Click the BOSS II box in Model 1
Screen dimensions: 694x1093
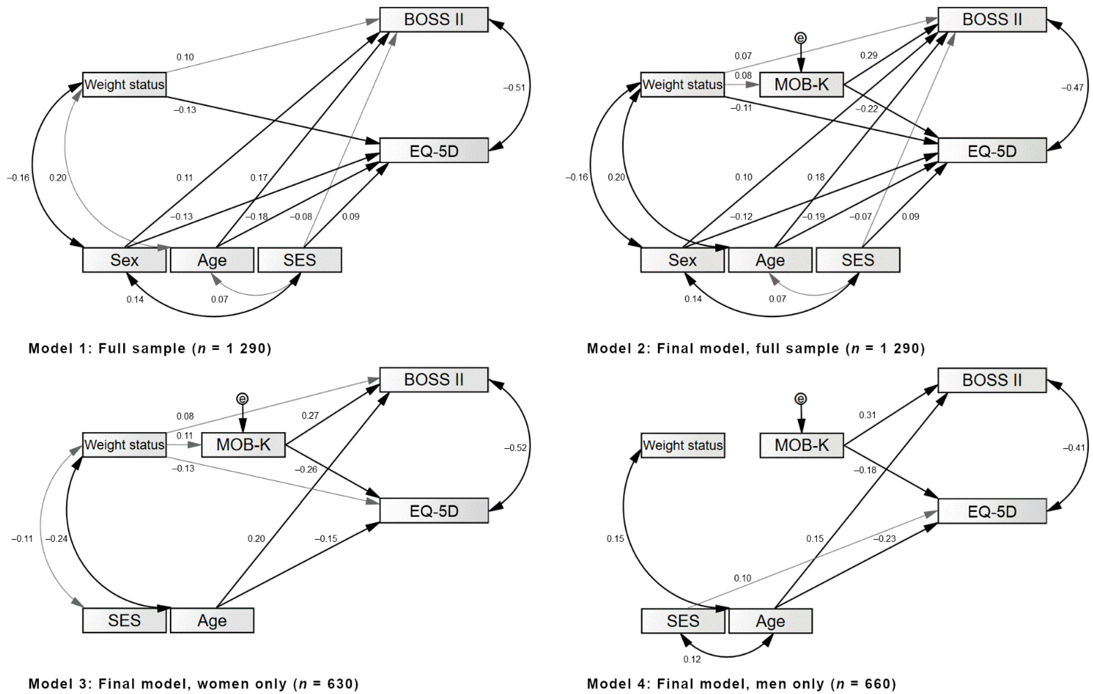tap(434, 19)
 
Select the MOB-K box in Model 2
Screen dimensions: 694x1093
tap(801, 84)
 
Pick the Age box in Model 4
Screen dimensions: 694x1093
tap(770, 621)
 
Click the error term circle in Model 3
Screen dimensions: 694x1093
tap(242, 399)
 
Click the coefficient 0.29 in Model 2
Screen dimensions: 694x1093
tap(868, 55)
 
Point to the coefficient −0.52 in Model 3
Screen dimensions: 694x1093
tap(515, 448)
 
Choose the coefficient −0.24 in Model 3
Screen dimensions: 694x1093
tap(56, 539)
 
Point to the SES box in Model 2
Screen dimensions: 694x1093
tap(857, 260)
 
